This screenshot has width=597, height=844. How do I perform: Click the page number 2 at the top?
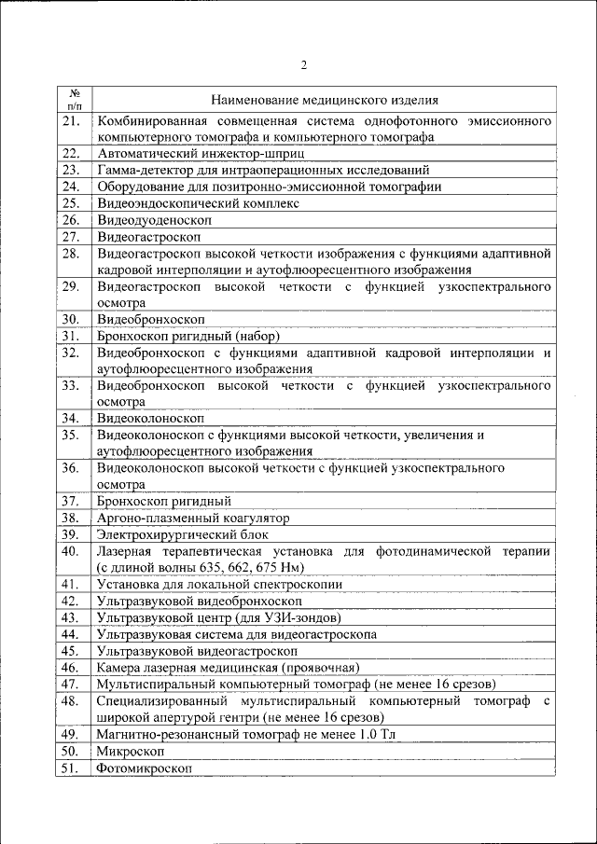pos(303,64)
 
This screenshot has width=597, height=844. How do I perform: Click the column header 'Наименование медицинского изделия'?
pos(325,100)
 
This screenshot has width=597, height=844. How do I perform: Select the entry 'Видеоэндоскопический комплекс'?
pos(198,202)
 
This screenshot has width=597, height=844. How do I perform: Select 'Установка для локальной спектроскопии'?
pos(218,584)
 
